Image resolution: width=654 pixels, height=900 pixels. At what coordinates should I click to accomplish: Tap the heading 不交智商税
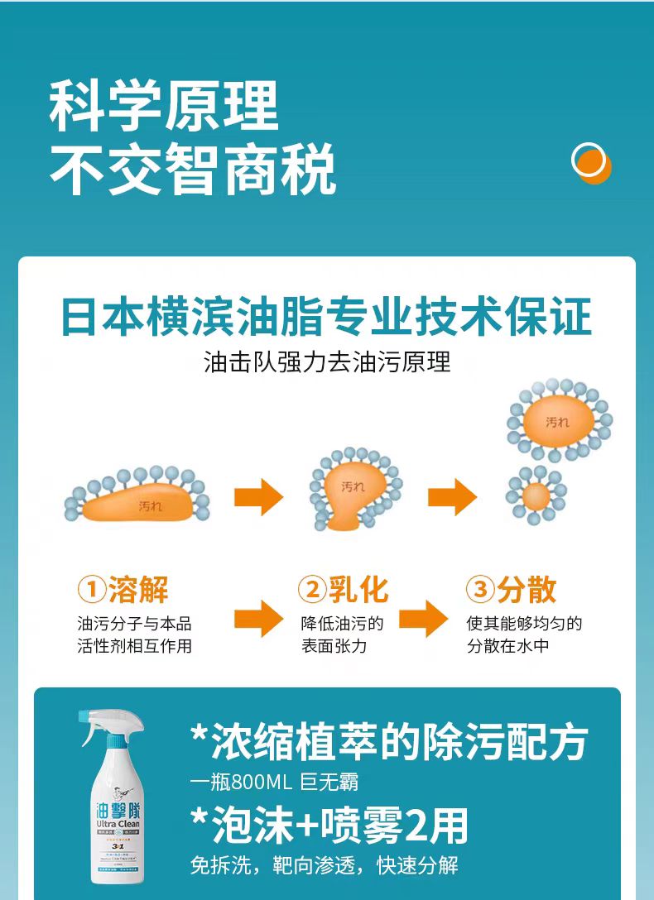192,170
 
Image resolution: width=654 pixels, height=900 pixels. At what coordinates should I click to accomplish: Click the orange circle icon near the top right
591,163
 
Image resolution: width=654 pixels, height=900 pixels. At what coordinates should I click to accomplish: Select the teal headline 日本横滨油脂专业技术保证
326,317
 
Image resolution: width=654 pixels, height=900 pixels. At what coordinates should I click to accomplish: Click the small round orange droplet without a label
536,495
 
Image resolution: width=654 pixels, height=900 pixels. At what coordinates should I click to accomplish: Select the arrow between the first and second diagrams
258,496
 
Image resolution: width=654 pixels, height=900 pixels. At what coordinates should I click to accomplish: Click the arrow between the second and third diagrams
452,496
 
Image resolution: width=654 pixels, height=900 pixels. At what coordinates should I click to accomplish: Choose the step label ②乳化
343,590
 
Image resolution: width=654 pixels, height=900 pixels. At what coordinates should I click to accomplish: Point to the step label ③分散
511,590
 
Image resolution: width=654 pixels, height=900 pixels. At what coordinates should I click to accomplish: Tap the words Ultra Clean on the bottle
118,824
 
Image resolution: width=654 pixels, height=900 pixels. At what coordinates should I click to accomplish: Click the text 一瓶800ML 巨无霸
273,781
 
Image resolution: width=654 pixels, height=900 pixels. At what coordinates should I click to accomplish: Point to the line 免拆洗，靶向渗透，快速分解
324,865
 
